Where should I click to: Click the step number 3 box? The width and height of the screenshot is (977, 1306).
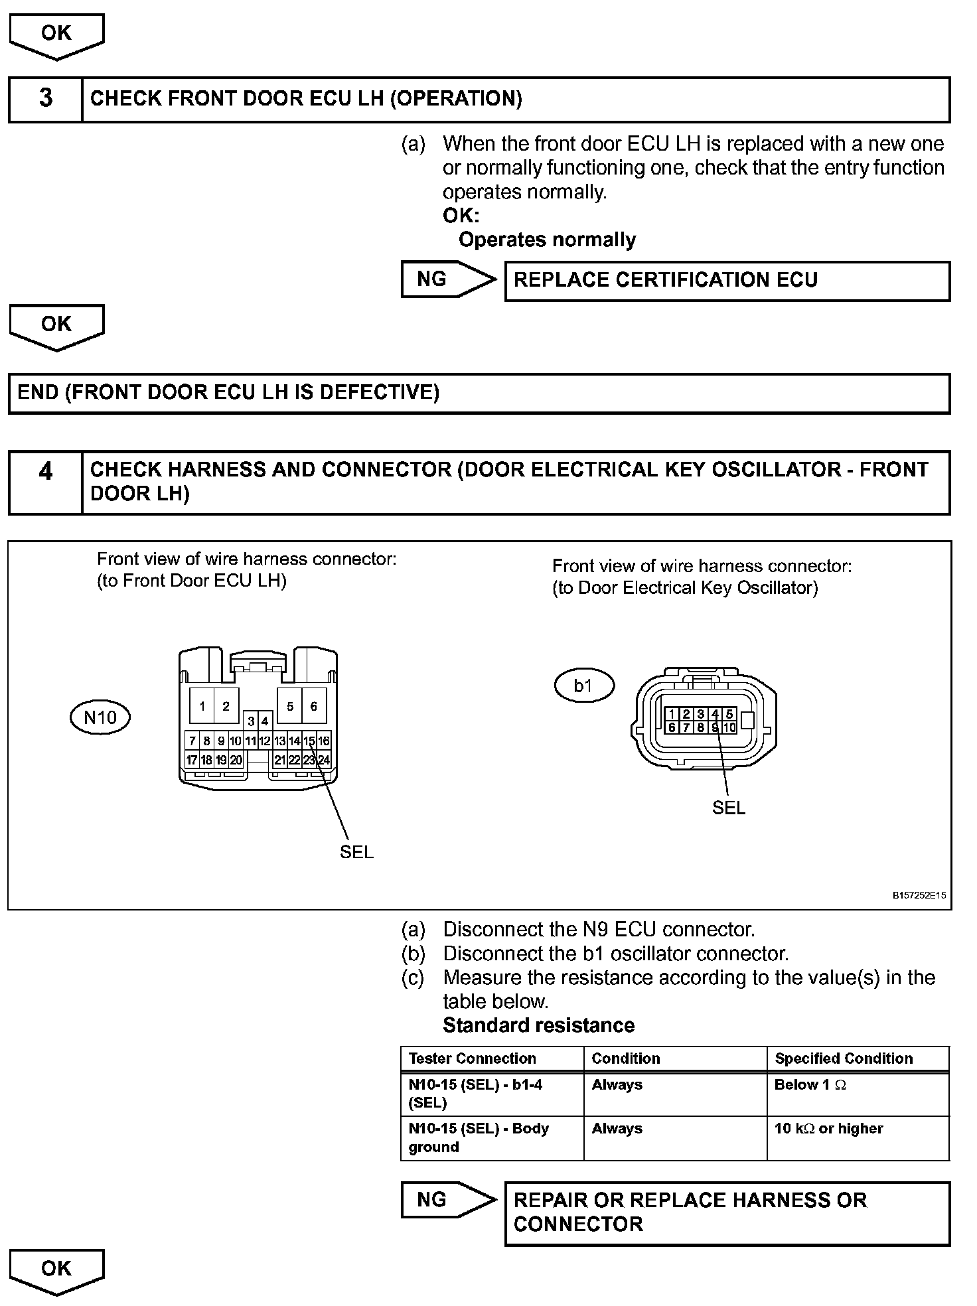[45, 99]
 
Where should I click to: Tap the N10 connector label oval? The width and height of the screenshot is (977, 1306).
[100, 717]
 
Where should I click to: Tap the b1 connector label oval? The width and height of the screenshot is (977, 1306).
[583, 686]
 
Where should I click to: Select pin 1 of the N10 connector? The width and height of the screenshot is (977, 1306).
[202, 706]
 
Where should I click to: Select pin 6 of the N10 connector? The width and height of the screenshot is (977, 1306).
[314, 706]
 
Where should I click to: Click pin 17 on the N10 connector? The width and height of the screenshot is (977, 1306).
[192, 761]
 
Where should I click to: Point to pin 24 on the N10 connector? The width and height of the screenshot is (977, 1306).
[324, 761]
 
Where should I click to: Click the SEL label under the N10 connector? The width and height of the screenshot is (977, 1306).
[356, 852]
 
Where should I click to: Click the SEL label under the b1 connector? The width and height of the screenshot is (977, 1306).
[728, 808]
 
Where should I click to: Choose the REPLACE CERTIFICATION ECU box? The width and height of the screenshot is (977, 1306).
[727, 281]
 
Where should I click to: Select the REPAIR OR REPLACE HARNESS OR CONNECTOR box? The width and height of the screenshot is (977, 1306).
[727, 1212]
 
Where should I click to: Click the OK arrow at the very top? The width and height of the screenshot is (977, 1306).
[56, 35]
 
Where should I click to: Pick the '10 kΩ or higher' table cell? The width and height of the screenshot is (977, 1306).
[858, 1137]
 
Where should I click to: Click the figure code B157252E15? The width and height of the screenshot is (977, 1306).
[919, 895]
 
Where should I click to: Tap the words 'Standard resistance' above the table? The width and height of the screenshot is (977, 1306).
[538, 1025]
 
